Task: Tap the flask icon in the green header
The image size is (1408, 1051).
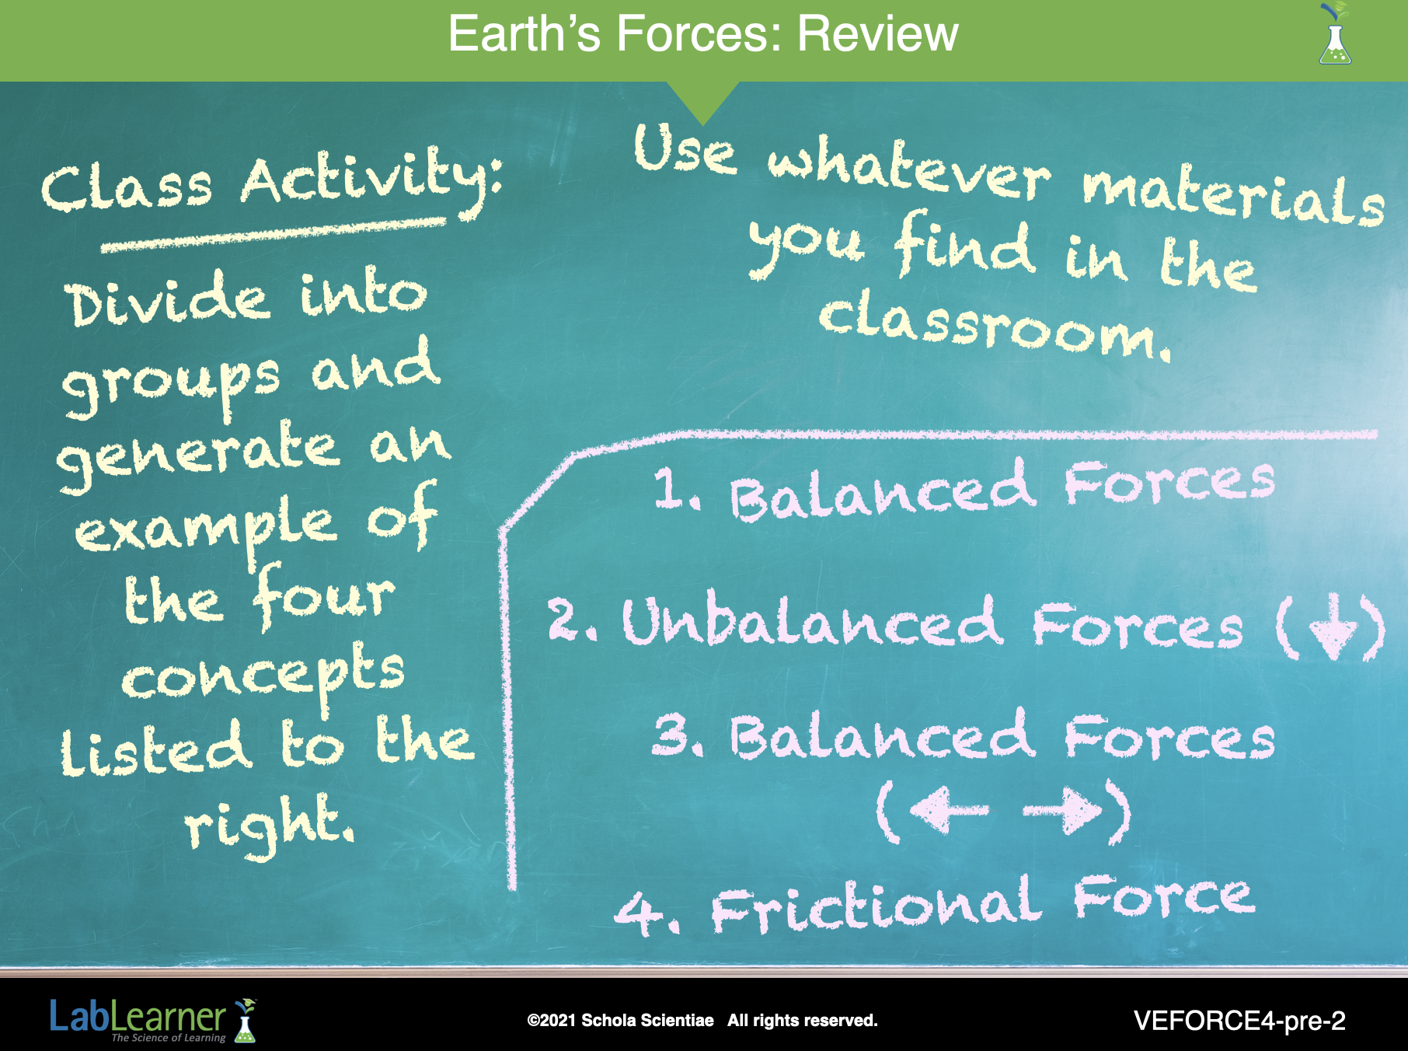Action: (1335, 34)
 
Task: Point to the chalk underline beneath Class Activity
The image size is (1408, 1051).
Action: (274, 234)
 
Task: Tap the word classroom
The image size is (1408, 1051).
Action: (995, 326)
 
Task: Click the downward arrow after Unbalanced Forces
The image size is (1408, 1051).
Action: (1334, 626)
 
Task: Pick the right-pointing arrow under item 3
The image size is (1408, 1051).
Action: (1062, 811)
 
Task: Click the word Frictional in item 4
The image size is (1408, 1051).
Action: (877, 906)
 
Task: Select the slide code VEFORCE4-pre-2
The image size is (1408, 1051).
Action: (1239, 1021)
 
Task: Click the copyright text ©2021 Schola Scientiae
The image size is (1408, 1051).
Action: (620, 1020)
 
